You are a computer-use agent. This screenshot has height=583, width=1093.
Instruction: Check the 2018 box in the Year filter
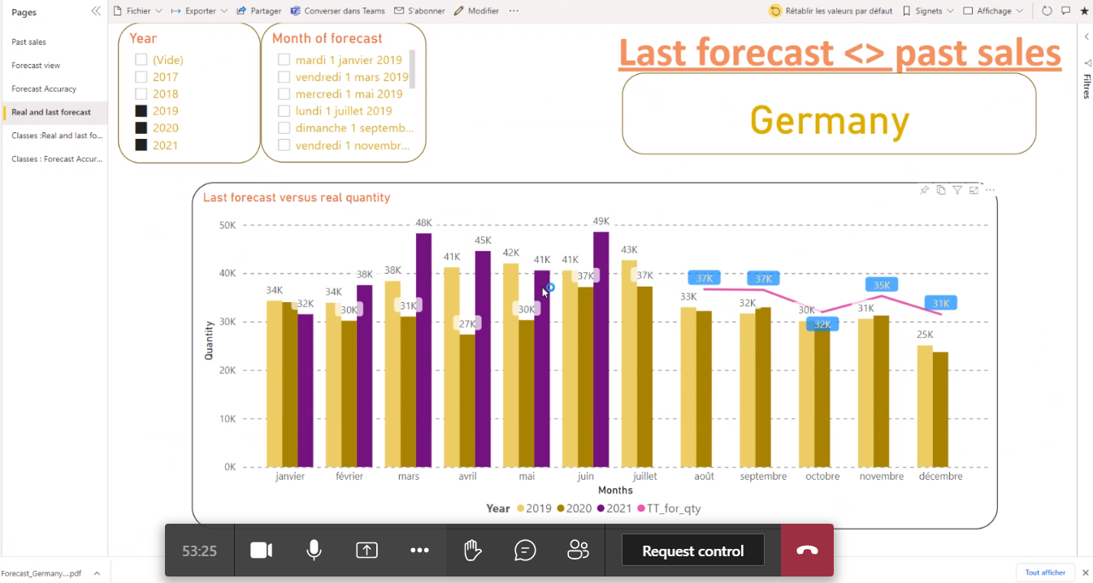(141, 94)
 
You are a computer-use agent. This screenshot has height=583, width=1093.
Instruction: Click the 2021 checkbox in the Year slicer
(141, 145)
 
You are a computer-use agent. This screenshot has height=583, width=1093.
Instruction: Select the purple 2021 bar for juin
(601, 349)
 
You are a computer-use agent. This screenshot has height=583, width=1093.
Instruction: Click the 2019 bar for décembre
(925, 406)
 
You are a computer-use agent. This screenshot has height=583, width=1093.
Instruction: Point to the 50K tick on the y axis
(228, 225)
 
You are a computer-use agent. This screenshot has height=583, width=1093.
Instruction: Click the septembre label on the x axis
(763, 477)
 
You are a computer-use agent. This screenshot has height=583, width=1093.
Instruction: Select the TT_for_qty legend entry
(673, 509)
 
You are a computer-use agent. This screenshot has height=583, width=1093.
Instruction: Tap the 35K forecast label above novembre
(881, 285)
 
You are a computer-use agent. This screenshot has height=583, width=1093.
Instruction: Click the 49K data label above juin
(601, 222)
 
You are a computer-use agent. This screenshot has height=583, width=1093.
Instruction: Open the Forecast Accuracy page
(44, 89)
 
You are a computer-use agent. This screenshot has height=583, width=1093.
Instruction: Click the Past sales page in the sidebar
(29, 41)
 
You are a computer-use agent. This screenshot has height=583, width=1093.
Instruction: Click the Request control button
(692, 551)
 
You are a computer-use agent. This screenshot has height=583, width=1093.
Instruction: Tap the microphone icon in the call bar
(314, 551)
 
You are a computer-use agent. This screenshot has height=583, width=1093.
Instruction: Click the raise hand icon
(472, 551)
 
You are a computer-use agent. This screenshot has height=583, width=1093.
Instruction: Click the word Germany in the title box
(829, 121)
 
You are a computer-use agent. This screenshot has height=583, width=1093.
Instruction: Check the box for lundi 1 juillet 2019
(284, 111)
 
